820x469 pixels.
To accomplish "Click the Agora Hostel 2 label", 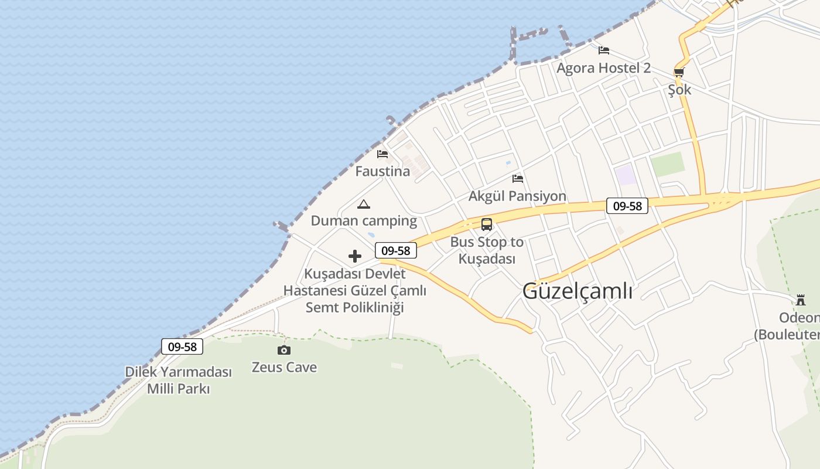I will coord(603,68).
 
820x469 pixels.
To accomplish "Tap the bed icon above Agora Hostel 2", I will coord(604,50).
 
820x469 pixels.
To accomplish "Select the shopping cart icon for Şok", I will coord(679,72).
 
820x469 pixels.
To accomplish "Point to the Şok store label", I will coord(679,90).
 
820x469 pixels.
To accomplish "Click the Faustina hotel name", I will coord(382,172).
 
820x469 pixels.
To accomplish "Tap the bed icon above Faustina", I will coord(382,154).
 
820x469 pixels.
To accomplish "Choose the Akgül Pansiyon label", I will coord(517,196).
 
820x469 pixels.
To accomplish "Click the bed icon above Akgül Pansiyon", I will coord(518,178).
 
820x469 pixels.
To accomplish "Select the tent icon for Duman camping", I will coord(364,204).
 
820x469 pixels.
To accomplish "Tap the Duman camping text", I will coord(364,221).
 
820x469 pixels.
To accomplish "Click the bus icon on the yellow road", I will coord(487,224).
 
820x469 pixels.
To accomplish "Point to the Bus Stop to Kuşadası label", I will coord(487,250).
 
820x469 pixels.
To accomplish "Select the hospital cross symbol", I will coord(355,256).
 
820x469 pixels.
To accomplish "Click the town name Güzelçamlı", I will coord(577,291).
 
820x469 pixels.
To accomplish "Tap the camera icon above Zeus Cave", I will coord(284,350).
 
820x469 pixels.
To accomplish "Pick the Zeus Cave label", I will coord(284,368).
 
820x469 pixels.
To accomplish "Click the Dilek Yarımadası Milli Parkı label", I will coord(179,380).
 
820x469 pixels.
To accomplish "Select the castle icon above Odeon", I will coord(801,300).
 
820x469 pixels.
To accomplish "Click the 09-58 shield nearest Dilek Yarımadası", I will coord(182,346).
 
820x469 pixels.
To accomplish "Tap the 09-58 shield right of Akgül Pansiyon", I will coord(627,206).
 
